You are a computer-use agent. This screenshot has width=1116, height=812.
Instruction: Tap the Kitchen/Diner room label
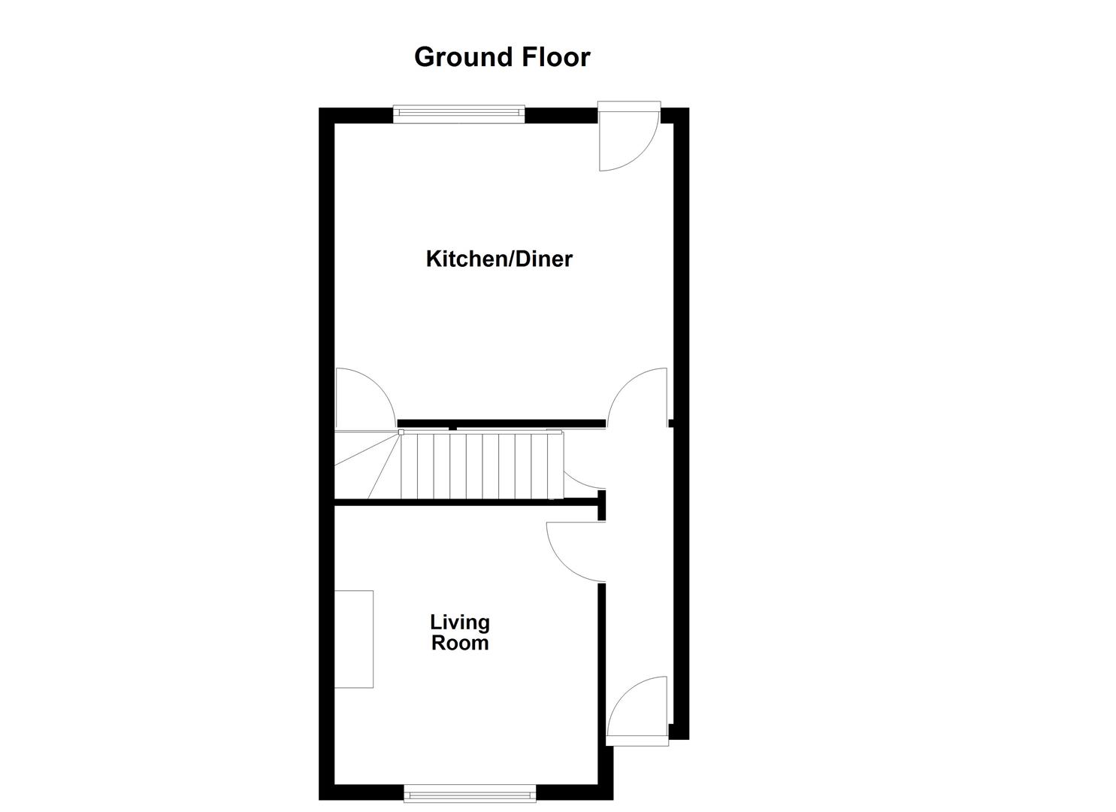pyautogui.click(x=499, y=259)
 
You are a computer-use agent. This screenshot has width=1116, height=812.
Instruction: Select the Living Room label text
pyautogui.click(x=460, y=632)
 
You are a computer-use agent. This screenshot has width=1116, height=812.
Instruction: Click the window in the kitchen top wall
pyautogui.click(x=458, y=114)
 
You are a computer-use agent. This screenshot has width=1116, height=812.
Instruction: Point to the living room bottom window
pyautogui.click(x=470, y=792)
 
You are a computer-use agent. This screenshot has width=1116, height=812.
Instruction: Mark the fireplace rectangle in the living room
pyautogui.click(x=354, y=639)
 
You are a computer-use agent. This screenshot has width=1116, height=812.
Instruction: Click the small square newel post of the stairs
pyautogui.click(x=401, y=432)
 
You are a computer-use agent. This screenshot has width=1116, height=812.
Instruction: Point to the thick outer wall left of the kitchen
pyautogui.click(x=326, y=263)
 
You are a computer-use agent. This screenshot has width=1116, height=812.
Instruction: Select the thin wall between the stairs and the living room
pyautogui.click(x=466, y=501)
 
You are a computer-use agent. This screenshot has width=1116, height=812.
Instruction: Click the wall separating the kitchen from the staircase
pyautogui.click(x=501, y=423)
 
